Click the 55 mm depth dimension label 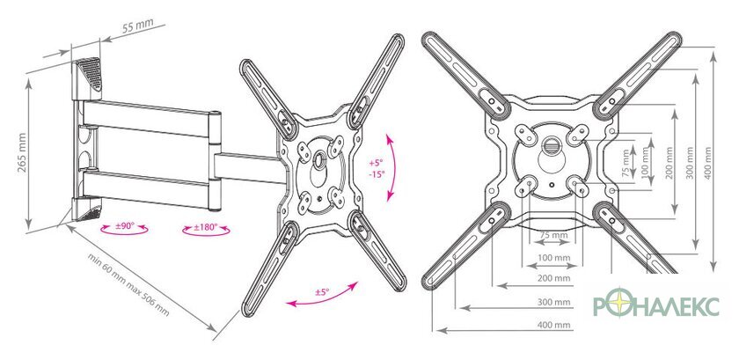click(x=135, y=26)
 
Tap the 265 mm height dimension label click(x=22, y=153)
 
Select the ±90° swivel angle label click(x=125, y=226)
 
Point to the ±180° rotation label click(x=206, y=227)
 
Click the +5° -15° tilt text click(x=377, y=168)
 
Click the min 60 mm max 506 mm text click(x=128, y=284)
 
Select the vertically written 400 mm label click(x=707, y=163)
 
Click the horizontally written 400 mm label click(x=553, y=325)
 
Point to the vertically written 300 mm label click(x=690, y=163)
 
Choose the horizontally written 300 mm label click(x=553, y=302)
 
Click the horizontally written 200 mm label click(x=553, y=278)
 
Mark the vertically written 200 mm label click(x=669, y=163)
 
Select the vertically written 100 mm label click(x=645, y=161)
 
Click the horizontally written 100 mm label click(x=553, y=258)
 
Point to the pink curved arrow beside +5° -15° click(x=391, y=167)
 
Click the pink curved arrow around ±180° click(x=206, y=231)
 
